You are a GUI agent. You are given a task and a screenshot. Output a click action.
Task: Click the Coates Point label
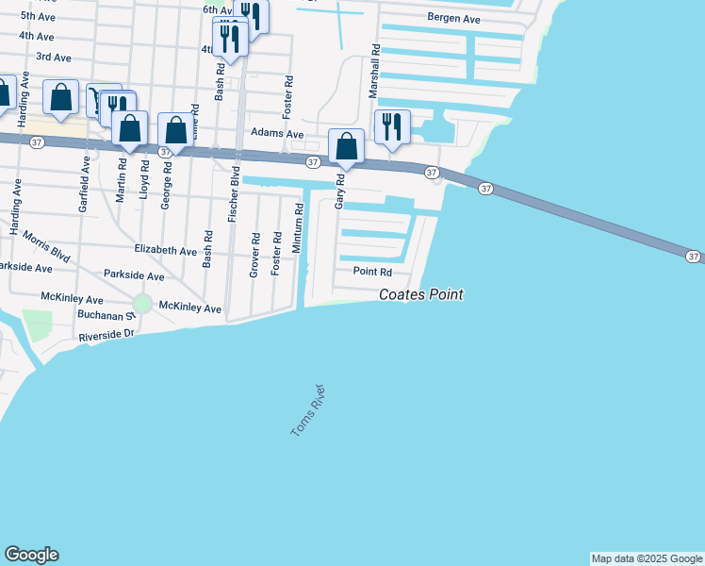(x=420, y=294)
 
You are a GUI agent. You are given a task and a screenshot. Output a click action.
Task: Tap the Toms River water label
(x=307, y=410)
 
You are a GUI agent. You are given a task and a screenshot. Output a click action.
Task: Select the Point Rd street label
(x=371, y=272)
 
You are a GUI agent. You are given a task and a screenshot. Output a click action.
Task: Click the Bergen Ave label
(x=453, y=19)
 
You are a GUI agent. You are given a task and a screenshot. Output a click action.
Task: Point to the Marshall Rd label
(x=374, y=71)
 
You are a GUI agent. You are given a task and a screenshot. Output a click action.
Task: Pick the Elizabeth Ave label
(x=165, y=251)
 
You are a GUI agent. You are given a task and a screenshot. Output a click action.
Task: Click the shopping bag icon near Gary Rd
(x=347, y=146)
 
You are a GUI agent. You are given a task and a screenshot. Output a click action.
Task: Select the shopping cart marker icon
(x=97, y=98)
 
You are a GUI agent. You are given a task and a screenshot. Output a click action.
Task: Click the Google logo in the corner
(x=31, y=555)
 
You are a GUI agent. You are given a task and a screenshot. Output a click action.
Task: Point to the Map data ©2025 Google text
(x=647, y=558)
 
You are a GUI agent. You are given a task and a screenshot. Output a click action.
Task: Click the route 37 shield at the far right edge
(x=693, y=257)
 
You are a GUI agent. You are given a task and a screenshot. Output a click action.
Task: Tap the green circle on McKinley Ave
(x=142, y=304)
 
